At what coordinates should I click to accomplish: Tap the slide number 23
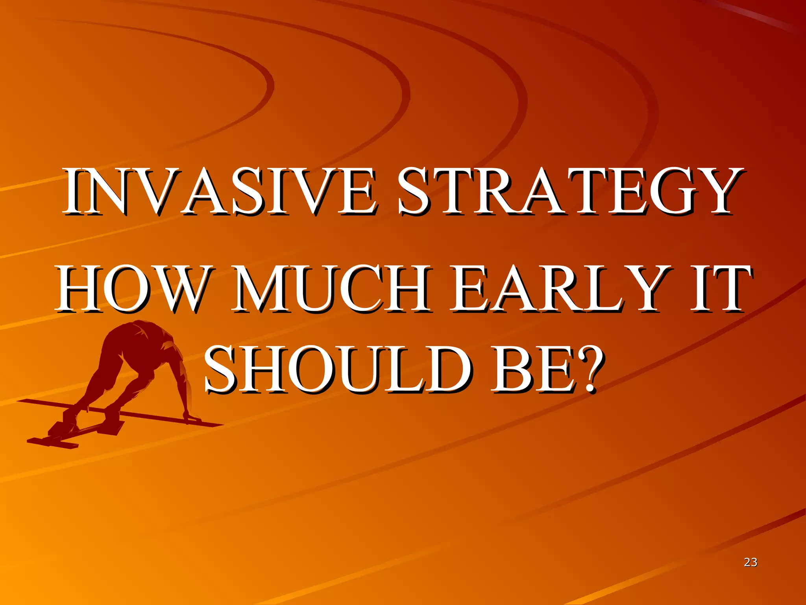coord(751,562)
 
